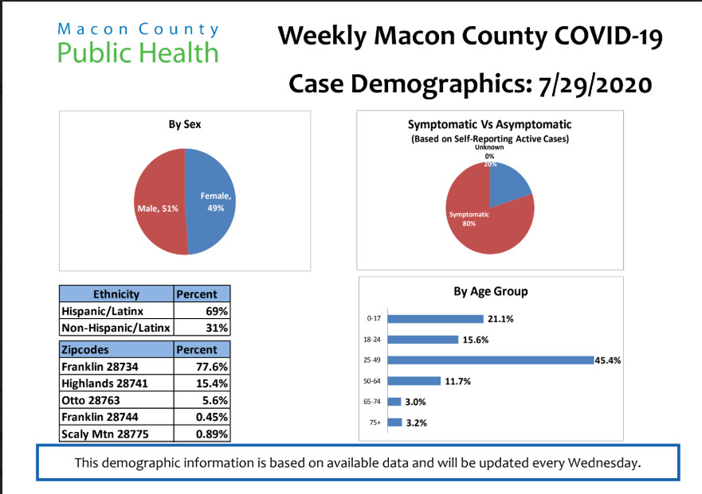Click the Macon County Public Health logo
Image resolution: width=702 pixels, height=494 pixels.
pyautogui.click(x=138, y=43)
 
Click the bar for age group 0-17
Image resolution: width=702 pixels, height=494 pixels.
pyautogui.click(x=436, y=319)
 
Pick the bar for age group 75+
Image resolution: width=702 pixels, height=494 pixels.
pyautogui.click(x=394, y=422)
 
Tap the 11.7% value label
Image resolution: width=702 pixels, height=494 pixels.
pyautogui.click(x=458, y=382)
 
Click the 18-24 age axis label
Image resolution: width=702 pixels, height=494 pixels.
pyautogui.click(x=372, y=340)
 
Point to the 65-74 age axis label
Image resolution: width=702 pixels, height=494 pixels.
pyautogui.click(x=372, y=402)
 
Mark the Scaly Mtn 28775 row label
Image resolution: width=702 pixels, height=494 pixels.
pyautogui.click(x=105, y=434)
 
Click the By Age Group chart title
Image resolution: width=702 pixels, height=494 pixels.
pyautogui.click(x=490, y=291)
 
